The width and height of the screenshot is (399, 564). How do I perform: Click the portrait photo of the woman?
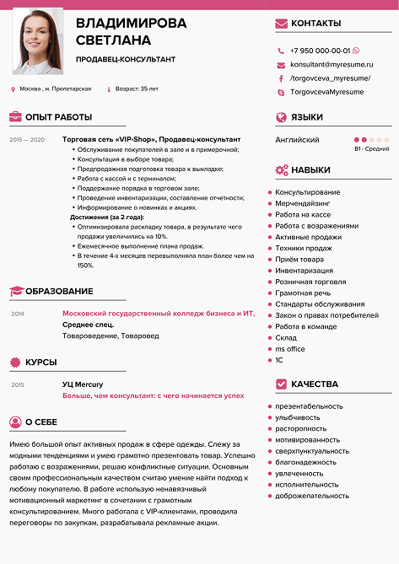37,41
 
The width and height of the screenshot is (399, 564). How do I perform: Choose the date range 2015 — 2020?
26,139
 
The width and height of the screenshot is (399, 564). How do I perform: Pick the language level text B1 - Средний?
371,149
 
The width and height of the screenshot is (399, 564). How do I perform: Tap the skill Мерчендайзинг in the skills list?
303,203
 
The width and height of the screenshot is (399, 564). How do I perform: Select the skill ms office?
290,348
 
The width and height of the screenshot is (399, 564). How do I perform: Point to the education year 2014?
18,313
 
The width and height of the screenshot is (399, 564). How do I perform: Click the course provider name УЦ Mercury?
83,384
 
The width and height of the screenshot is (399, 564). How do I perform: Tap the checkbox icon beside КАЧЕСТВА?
282,384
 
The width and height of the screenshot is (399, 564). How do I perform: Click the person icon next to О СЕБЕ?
15,422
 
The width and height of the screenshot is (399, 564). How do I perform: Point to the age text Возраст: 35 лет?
136,89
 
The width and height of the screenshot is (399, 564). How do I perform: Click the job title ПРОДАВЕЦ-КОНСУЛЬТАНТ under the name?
125,59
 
